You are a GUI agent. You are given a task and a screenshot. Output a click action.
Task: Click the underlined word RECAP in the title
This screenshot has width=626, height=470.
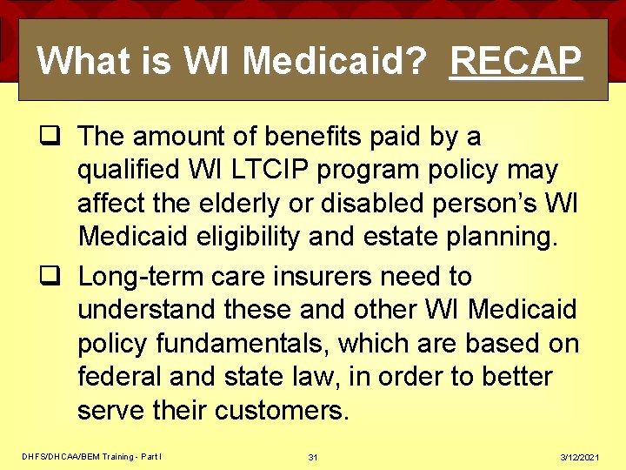click(x=516, y=61)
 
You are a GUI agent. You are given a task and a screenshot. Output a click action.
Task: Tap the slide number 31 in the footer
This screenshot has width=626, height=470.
click(x=312, y=457)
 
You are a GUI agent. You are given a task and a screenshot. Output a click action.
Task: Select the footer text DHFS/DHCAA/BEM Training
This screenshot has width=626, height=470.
click(x=77, y=457)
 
